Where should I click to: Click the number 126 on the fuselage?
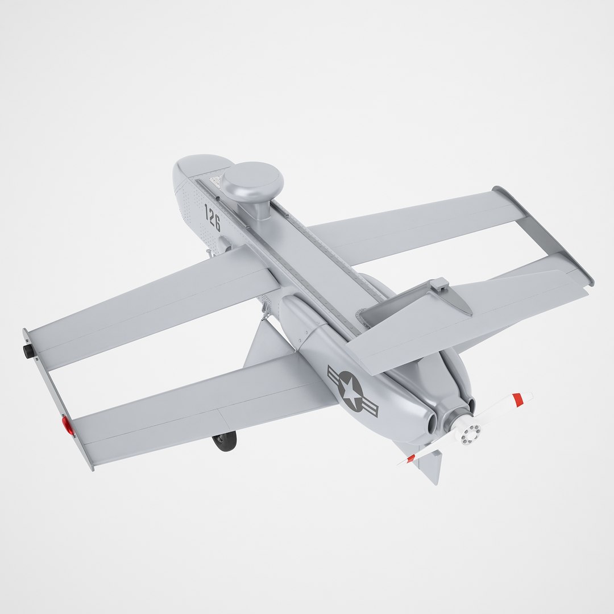212,218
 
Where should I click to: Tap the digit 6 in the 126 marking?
216,223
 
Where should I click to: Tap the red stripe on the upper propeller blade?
517,400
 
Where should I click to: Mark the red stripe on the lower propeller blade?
410,458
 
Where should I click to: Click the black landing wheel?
225,441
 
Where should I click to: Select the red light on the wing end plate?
68,425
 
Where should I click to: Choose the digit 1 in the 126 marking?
208,212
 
